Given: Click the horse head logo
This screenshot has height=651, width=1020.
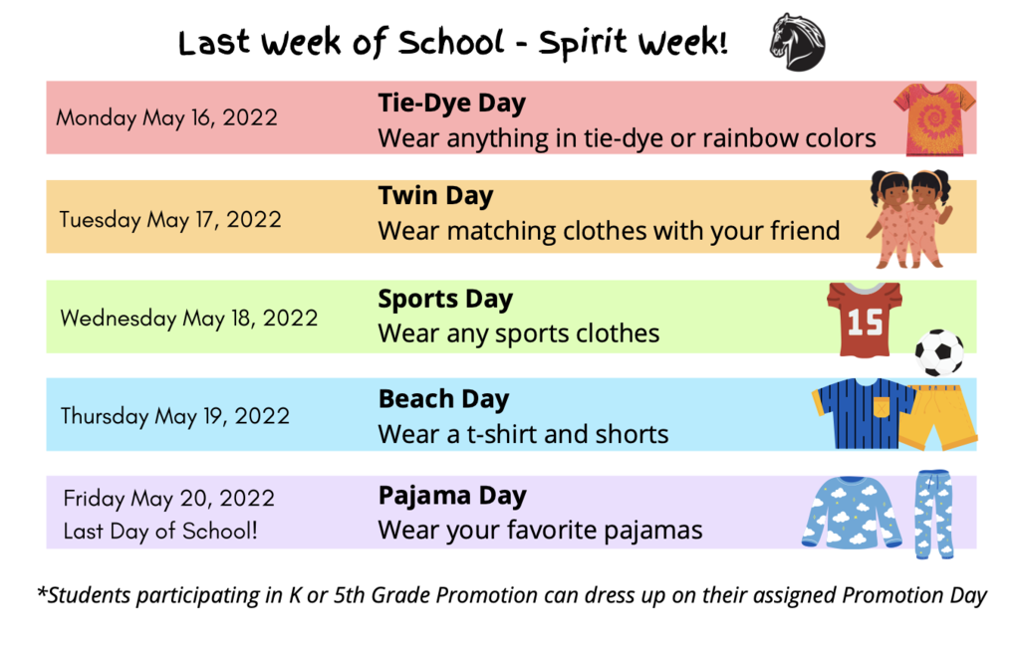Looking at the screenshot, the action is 798,42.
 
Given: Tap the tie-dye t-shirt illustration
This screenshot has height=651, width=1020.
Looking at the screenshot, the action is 934,119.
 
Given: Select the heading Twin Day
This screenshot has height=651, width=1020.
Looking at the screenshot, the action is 436,196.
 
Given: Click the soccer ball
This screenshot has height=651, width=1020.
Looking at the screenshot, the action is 939,352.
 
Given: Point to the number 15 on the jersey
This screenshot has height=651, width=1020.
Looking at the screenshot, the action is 865,322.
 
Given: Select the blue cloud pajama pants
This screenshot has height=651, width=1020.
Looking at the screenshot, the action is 933,514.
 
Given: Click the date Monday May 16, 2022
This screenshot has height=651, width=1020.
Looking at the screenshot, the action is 167,117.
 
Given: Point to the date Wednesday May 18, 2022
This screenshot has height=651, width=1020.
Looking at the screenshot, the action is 189,318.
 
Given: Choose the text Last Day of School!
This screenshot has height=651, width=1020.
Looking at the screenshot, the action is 160,531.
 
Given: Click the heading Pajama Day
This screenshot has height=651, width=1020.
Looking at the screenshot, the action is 452,497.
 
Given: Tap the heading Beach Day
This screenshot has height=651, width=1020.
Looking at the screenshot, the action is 443,399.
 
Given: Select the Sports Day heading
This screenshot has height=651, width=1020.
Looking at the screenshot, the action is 445,300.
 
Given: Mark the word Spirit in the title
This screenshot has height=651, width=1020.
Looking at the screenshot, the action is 583,44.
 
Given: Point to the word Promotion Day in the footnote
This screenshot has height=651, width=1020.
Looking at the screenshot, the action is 914,595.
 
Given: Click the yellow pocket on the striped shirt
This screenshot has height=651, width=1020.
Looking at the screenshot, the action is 882,406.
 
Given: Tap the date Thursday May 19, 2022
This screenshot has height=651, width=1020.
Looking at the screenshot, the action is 175,416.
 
